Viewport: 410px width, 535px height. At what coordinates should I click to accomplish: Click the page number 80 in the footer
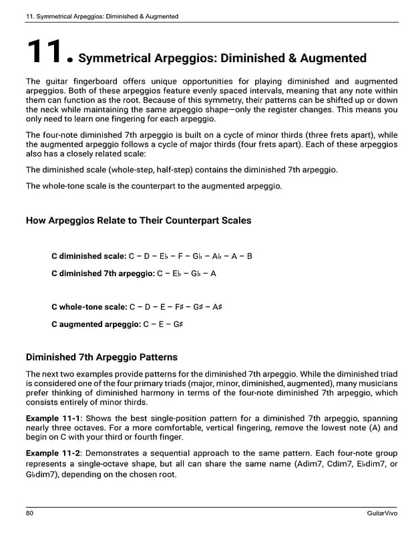(x=30, y=513)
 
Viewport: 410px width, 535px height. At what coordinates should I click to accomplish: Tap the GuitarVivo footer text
(x=382, y=513)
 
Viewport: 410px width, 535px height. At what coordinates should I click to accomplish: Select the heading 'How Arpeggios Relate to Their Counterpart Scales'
(x=138, y=220)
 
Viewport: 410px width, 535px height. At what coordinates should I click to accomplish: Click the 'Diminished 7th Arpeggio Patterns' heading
(x=101, y=357)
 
